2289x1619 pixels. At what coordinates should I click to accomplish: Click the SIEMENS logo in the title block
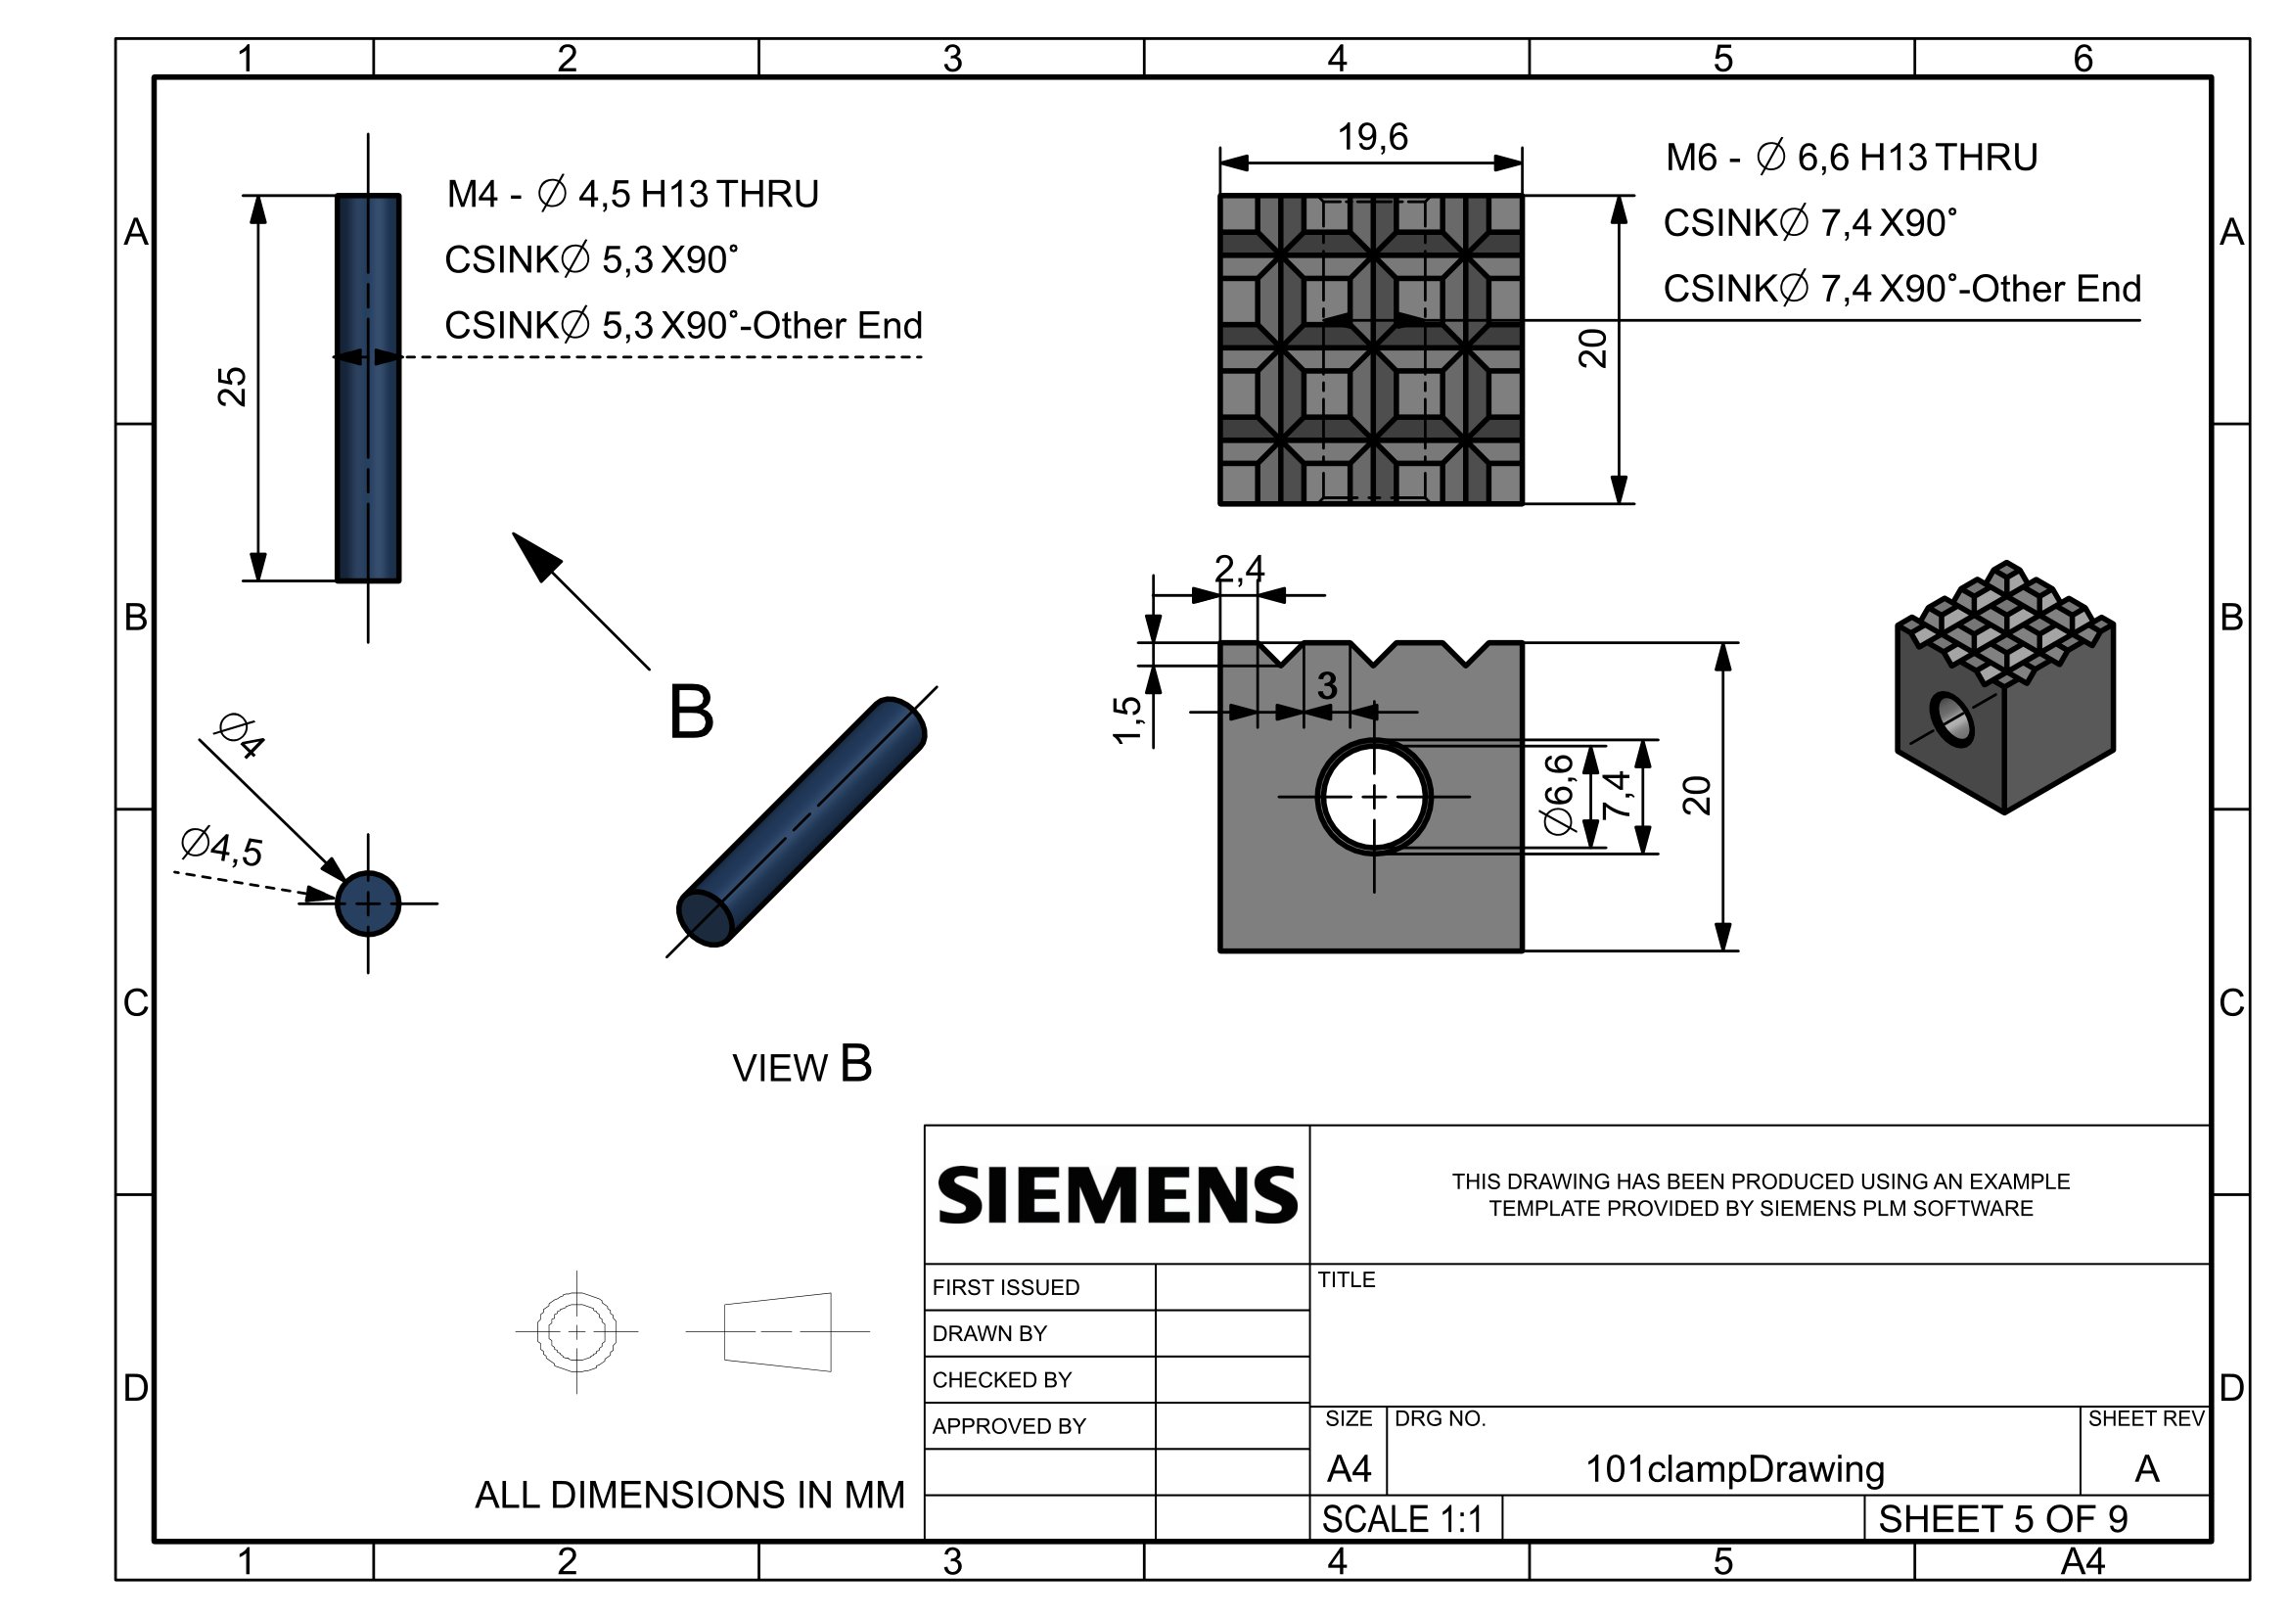(1117, 1194)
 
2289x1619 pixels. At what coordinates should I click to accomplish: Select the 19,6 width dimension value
(1372, 138)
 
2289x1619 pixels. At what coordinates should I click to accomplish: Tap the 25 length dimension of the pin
(231, 387)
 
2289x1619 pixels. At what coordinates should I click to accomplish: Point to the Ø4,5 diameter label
(221, 848)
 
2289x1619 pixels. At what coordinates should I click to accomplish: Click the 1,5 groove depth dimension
(1126, 719)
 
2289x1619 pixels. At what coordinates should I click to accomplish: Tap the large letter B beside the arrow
(691, 712)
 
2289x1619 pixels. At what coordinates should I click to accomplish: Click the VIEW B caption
(801, 1066)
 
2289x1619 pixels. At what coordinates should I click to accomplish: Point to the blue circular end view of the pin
(368, 904)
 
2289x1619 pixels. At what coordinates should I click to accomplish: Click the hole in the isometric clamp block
(1951, 717)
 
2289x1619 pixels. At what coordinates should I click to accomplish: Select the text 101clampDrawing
(1734, 1469)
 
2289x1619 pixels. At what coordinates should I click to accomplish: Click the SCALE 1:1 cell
(1401, 1519)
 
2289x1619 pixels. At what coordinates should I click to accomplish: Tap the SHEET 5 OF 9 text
(2002, 1519)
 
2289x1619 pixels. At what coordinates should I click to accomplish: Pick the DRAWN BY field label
(989, 1334)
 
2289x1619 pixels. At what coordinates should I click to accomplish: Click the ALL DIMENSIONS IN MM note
(689, 1496)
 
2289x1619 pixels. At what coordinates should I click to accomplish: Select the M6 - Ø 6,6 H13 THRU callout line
(1851, 158)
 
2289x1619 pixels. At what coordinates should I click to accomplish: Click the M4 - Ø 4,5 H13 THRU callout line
(632, 195)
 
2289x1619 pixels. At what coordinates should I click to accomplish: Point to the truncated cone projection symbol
(778, 1332)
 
